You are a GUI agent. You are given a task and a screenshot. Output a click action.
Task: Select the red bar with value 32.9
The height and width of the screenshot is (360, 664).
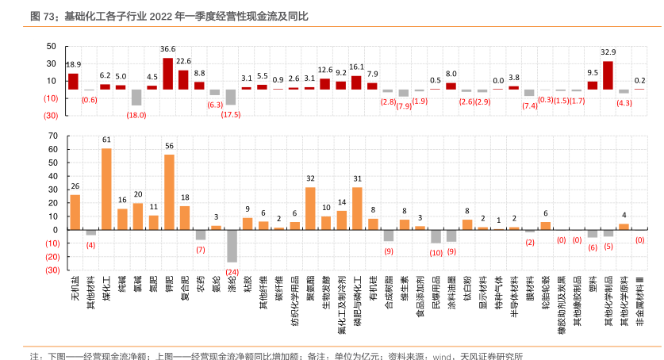pos(608,75)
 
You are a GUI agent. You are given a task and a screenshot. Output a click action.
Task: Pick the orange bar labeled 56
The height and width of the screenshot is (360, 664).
pos(169,192)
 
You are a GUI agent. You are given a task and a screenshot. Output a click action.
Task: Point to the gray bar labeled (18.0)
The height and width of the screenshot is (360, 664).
pos(136,97)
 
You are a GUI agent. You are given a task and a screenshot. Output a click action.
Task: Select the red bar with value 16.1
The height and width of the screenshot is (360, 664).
pos(356,82)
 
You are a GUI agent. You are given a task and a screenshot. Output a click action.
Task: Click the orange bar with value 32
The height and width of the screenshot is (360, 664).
pos(310,208)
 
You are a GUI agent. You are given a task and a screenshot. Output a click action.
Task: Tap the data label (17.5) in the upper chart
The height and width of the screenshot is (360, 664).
pos(231,114)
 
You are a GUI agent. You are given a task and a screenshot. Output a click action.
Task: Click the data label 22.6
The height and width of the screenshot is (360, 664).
pos(184,61)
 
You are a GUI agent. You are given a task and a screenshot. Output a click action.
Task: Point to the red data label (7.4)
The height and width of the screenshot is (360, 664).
pos(529,105)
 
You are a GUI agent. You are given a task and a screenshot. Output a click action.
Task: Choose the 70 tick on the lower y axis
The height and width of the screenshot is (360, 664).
pos(53,136)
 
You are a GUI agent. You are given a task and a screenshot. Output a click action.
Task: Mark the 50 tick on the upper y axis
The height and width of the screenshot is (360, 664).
pos(52,47)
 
